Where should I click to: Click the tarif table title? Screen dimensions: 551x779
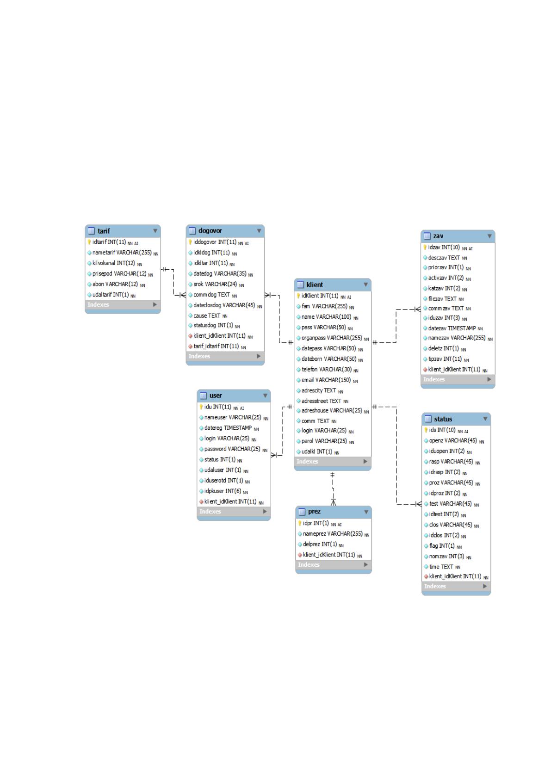pos(104,231)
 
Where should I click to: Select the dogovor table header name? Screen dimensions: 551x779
pos(210,230)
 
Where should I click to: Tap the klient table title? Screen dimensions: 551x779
pos(315,285)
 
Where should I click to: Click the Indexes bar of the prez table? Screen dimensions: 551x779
pos(333,565)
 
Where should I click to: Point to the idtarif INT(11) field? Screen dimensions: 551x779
pos(109,242)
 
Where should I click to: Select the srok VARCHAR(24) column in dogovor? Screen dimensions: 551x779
pos(215,284)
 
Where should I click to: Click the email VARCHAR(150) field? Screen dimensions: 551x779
pos(326,380)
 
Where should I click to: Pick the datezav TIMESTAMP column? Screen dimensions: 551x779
pos(452,328)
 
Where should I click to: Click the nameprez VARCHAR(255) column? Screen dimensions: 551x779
pos(333,534)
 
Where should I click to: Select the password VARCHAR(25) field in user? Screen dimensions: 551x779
pos(232,449)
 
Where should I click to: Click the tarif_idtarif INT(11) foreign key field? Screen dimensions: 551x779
pos(216,346)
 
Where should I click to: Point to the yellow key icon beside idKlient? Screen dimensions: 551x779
pos(298,296)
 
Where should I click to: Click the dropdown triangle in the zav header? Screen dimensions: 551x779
pos(489,236)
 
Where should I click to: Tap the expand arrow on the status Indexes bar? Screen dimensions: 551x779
pos(485,587)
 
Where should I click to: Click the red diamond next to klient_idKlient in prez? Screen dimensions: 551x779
pos(299,555)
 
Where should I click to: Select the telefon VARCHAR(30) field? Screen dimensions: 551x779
pos(327,369)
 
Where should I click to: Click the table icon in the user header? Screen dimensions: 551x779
pos(204,396)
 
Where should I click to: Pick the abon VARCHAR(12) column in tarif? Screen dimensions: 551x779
pos(115,284)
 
